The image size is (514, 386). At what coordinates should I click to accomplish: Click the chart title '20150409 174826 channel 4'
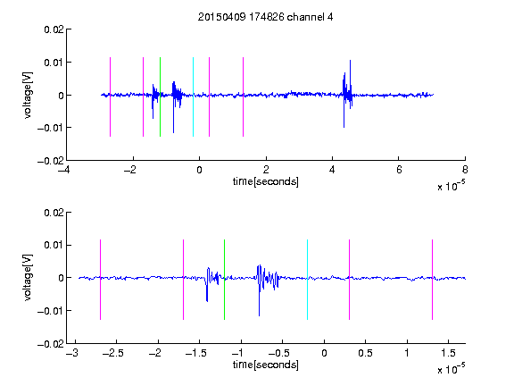(x=266, y=17)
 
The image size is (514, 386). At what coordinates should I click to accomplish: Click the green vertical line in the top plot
(x=160, y=96)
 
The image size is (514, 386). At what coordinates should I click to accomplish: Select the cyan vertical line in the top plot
(x=193, y=96)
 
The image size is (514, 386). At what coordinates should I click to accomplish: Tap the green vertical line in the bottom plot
(x=224, y=280)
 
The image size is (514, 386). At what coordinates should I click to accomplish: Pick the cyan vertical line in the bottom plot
(x=307, y=280)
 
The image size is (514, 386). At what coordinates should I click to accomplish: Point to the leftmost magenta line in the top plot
(x=110, y=96)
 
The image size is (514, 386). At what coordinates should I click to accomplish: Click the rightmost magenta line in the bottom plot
(x=432, y=280)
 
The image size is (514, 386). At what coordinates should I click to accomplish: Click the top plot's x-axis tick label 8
(x=465, y=170)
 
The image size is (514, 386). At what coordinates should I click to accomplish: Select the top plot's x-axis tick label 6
(x=399, y=170)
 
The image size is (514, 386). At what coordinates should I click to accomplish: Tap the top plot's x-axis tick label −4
(x=63, y=170)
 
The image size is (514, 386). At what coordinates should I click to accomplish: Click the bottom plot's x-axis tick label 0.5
(x=365, y=353)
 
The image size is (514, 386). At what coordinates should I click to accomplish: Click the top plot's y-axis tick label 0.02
(x=54, y=29)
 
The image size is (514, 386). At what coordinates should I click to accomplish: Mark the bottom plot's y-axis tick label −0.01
(x=51, y=311)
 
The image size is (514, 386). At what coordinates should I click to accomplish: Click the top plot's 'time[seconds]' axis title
(x=266, y=181)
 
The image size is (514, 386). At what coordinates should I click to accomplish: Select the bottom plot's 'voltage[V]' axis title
(x=29, y=277)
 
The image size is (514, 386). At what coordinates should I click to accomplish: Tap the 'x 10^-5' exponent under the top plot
(x=451, y=185)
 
